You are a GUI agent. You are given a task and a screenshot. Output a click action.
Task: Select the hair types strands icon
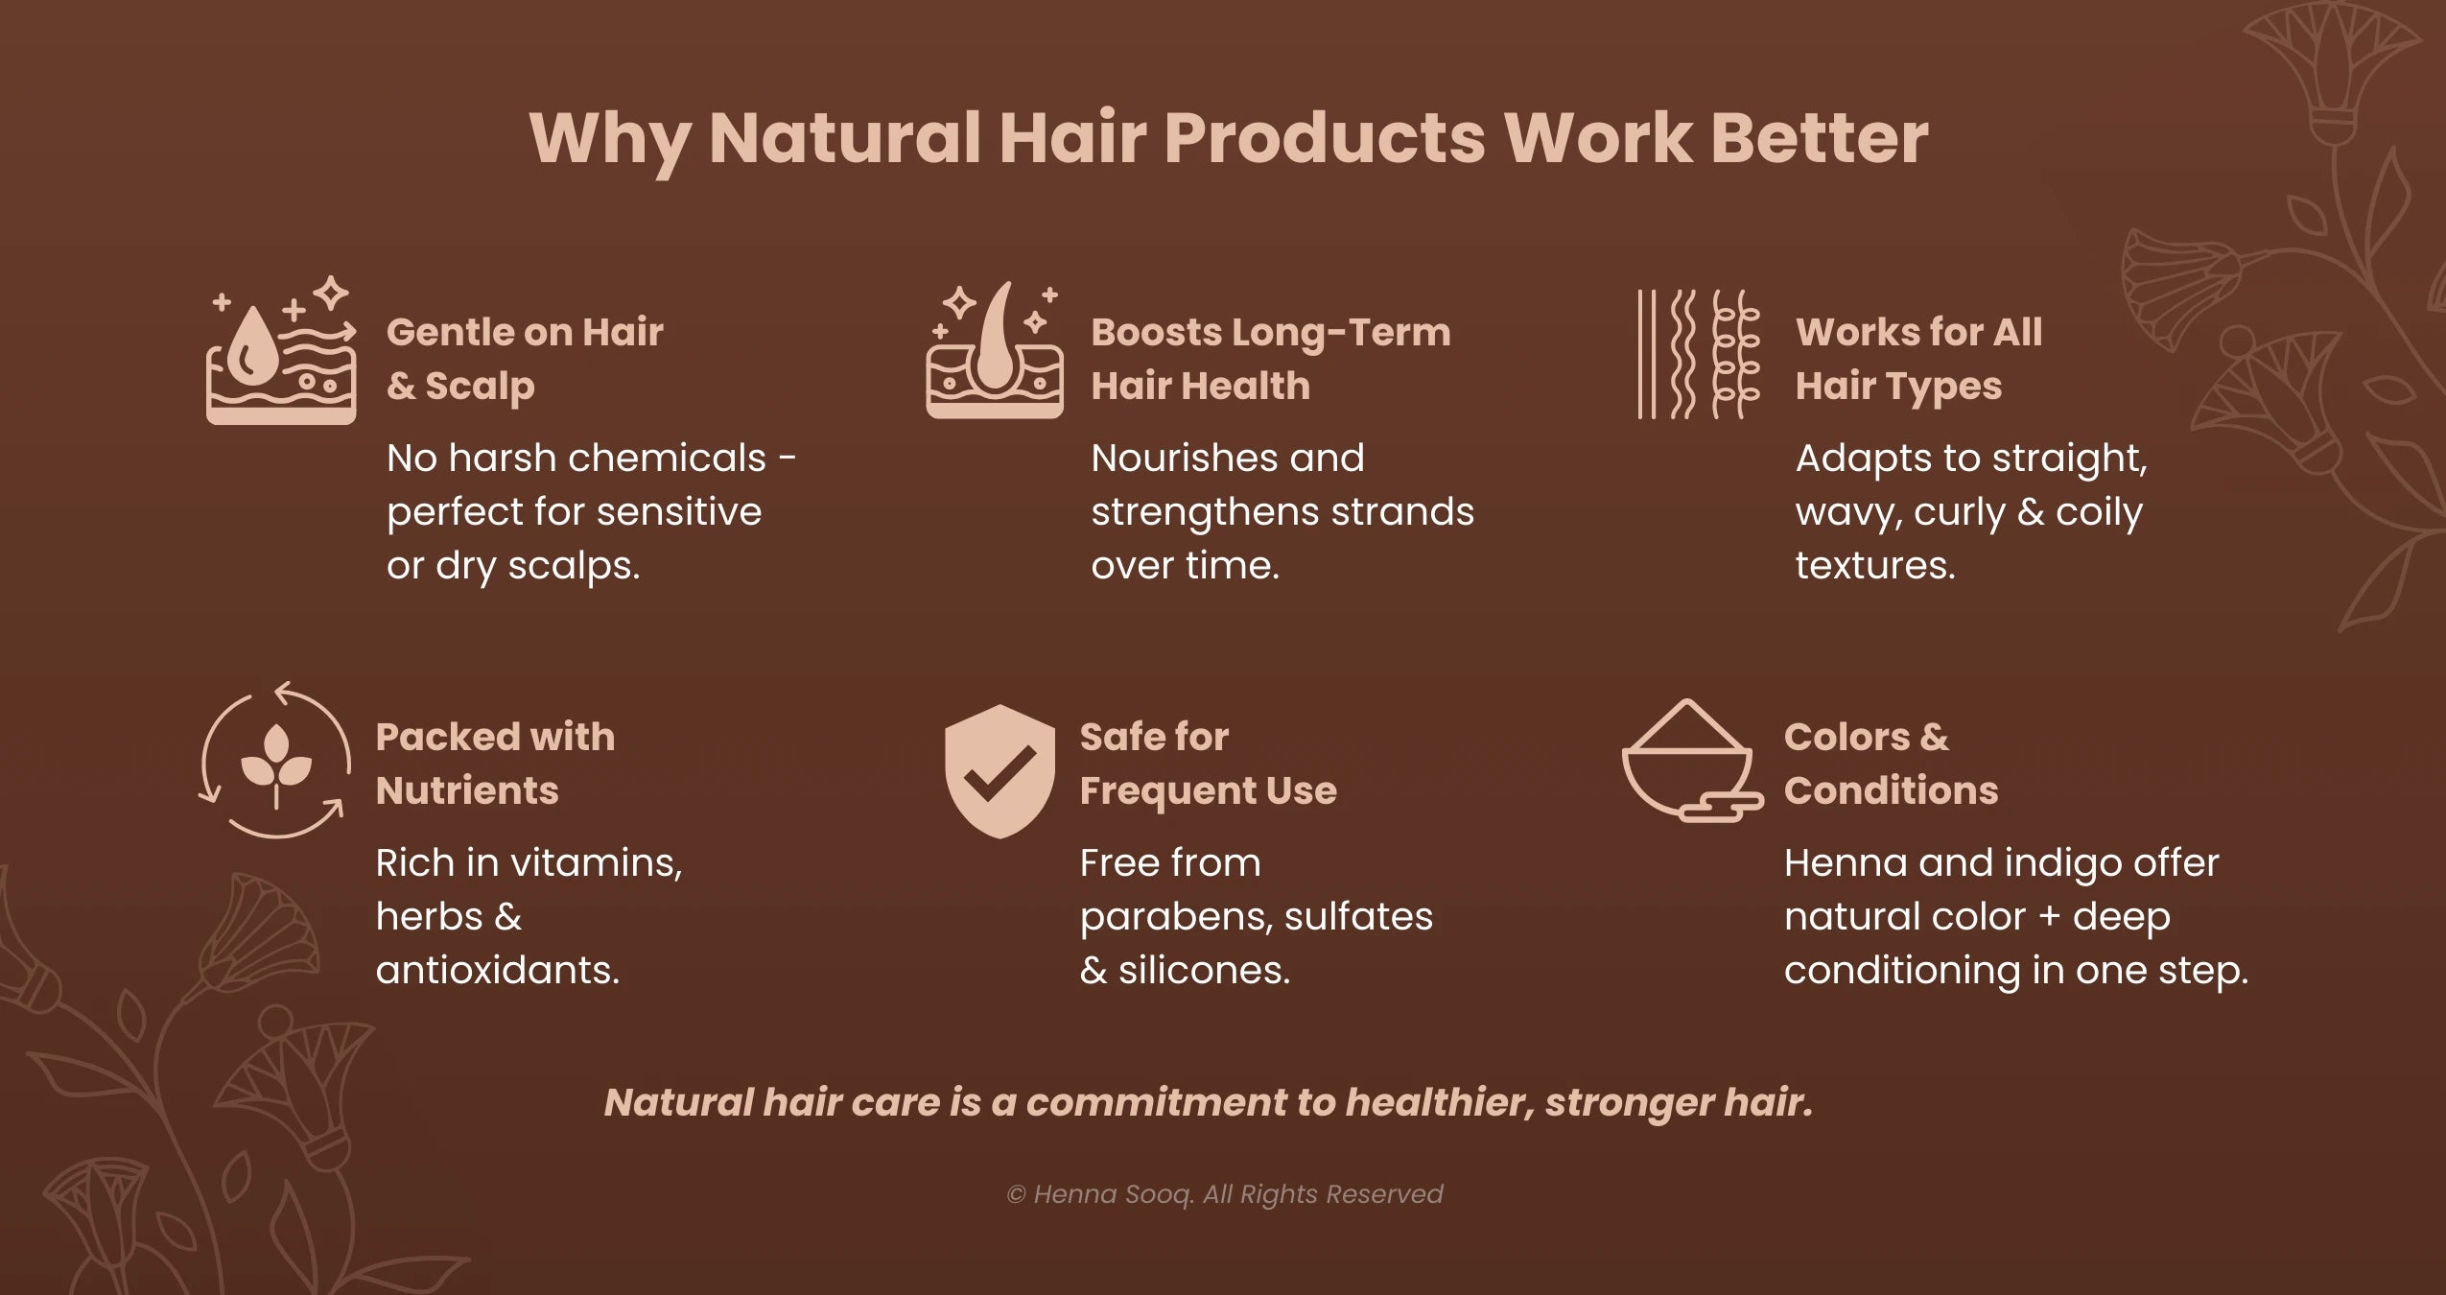1698,355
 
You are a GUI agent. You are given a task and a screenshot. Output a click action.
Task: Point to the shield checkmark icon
1000,771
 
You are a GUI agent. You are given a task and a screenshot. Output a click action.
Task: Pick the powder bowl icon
1690,762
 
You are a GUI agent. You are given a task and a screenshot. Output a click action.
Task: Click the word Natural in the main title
844,139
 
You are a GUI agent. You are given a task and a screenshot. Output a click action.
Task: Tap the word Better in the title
1819,139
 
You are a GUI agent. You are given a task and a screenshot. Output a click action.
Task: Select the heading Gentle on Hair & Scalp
524,359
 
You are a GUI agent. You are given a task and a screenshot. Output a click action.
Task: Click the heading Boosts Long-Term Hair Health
1270,359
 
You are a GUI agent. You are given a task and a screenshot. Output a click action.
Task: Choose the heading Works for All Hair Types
1918,359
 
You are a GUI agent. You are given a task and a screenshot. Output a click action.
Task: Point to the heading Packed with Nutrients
495,764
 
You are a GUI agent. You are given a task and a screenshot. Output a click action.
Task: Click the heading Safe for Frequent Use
1208,764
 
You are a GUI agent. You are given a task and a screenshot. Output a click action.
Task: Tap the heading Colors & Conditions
1890,764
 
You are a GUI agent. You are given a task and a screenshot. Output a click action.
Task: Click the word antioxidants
497,971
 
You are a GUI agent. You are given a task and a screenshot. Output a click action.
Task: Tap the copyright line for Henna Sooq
1224,1194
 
